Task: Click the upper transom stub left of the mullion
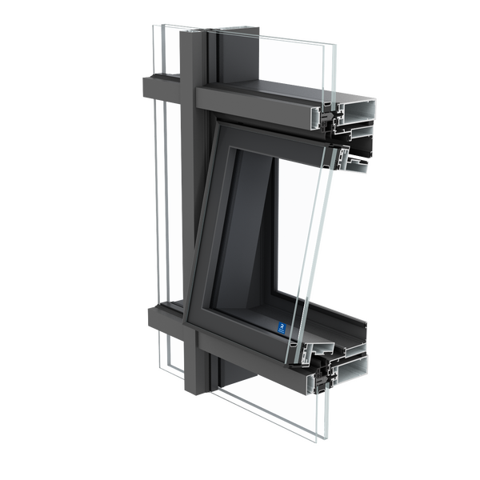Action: (157, 85)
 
